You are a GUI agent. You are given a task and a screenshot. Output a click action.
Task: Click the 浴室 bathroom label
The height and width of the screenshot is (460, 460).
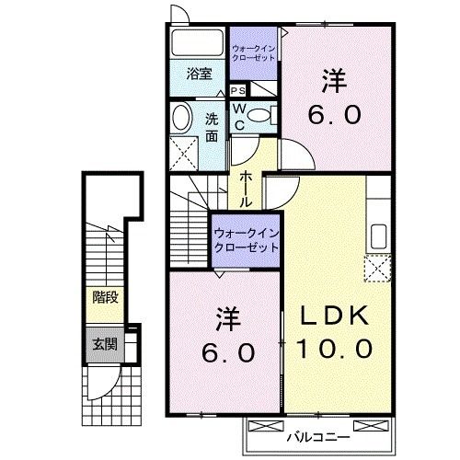coord(201,75)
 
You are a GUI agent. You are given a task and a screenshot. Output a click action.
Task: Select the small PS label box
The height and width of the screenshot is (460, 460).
coord(238,90)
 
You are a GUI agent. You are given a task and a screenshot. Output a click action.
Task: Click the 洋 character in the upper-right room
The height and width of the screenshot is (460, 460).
coord(333,82)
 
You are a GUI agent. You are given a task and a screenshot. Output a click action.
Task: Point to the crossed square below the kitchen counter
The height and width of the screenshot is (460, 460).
coord(378,270)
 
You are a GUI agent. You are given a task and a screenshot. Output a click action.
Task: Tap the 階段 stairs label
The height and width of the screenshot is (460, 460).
coord(104,297)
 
